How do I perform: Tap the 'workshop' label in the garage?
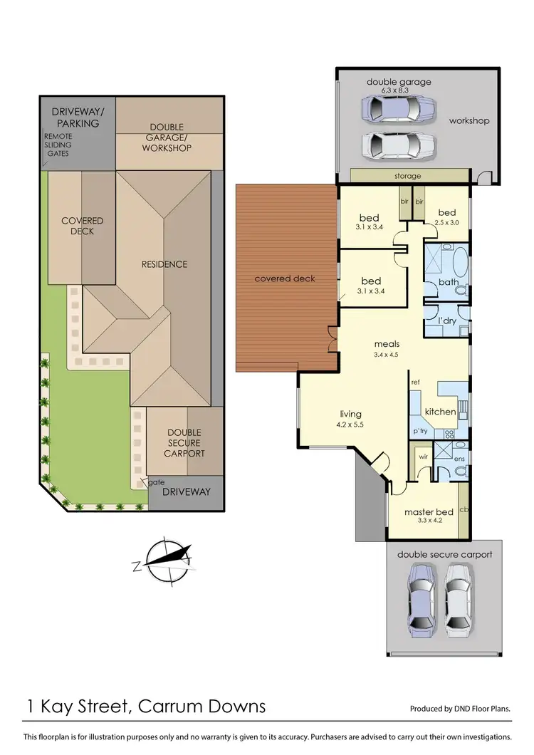point(468,120)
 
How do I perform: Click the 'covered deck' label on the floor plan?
point(285,278)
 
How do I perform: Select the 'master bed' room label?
point(424,512)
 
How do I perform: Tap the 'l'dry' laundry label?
point(446,321)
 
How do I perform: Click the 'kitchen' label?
point(440,412)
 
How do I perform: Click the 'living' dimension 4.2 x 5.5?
point(350,424)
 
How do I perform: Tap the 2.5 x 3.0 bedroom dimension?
point(446,222)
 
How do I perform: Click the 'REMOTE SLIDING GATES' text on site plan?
point(58,145)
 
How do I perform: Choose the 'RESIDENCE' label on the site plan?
point(164,264)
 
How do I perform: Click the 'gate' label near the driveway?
point(156,482)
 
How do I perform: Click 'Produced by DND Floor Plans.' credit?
point(460,709)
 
